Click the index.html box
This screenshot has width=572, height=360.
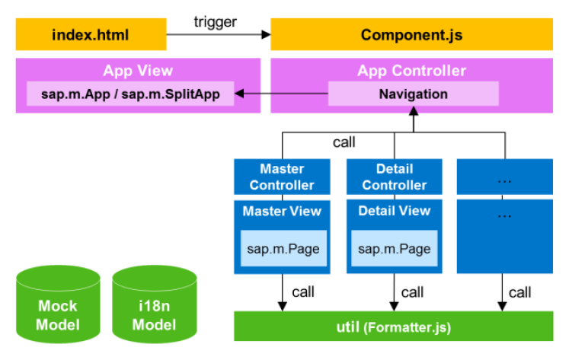[91, 35]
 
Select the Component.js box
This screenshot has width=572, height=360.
[411, 35]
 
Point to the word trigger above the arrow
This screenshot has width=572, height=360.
[216, 21]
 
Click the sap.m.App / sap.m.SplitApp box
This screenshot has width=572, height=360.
[130, 94]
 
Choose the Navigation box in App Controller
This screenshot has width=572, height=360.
[413, 94]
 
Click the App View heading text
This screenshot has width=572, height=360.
[138, 72]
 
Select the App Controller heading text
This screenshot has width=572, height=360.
[411, 72]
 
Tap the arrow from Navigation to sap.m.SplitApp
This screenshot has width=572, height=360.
[281, 94]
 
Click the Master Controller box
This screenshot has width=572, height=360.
[282, 177]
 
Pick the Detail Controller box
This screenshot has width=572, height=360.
[395, 177]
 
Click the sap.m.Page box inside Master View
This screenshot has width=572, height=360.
[282, 249]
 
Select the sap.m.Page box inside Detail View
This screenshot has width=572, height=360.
[395, 249]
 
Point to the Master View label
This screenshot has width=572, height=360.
[282, 211]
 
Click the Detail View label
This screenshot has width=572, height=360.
[395, 211]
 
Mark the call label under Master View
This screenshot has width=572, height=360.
[302, 292]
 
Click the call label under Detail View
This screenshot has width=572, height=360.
[413, 292]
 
